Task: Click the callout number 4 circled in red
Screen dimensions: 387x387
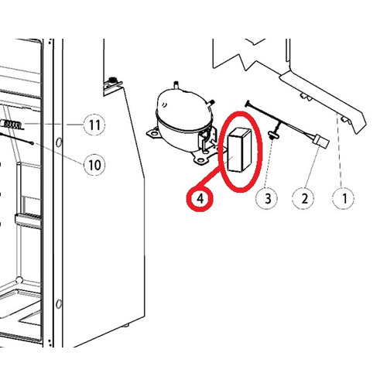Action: tap(200, 199)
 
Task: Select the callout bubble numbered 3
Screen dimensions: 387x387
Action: tap(268, 199)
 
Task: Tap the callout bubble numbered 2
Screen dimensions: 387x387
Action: tap(304, 199)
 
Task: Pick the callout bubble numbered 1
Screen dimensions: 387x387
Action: tap(344, 199)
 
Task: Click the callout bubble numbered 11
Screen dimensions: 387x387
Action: tap(94, 125)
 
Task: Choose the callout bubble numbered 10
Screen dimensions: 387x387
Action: tap(94, 165)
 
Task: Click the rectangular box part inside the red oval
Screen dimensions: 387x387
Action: tap(239, 149)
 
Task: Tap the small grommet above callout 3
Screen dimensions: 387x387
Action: tap(272, 134)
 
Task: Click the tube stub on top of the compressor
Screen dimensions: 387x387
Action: tap(176, 84)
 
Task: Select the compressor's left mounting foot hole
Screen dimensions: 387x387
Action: tap(154, 134)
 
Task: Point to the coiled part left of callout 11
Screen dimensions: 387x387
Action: tap(12, 125)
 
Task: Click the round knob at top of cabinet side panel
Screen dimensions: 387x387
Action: tap(112, 80)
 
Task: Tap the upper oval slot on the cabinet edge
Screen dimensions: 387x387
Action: tap(59, 142)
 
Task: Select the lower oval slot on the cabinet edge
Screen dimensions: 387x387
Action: tap(59, 304)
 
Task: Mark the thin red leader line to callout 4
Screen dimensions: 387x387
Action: tap(211, 178)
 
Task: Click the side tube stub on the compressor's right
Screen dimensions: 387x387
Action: tap(211, 102)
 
